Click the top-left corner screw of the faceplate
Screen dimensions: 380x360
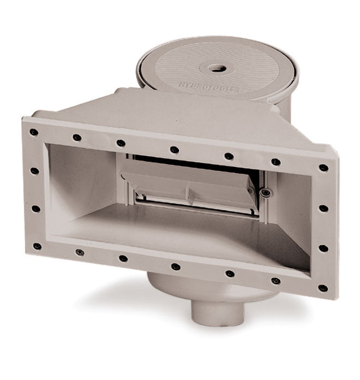pyautogui.click(x=34, y=132)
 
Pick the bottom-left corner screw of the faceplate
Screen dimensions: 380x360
pyautogui.click(x=37, y=246)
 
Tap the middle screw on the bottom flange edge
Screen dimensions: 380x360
pyautogui.click(x=175, y=266)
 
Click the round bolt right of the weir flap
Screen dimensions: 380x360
pyautogui.click(x=265, y=193)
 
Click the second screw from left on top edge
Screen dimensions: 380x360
pyautogui.click(x=77, y=138)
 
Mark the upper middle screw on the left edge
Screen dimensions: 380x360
pyautogui.click(x=35, y=170)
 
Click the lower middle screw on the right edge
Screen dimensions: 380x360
pyautogui.click(x=323, y=248)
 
